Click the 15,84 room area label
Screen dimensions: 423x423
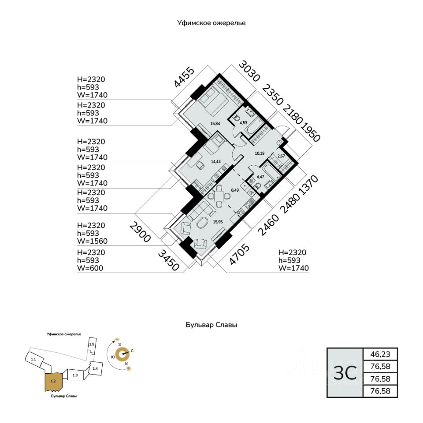(215, 123)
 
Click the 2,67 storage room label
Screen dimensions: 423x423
(281, 156)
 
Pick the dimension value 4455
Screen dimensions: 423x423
(184, 77)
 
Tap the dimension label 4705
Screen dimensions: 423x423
(239, 254)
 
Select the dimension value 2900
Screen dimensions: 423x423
(140, 232)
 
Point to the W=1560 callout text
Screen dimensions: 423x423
(92, 241)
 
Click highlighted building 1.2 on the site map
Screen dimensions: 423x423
(53, 381)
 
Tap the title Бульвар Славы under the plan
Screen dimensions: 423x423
(211, 325)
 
